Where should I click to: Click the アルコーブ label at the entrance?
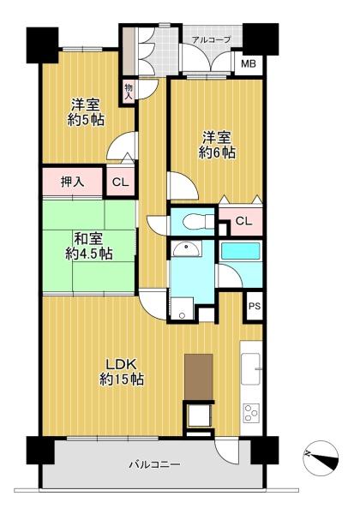pos(211,39)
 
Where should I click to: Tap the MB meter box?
pos(249,63)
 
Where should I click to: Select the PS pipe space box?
pos(255,306)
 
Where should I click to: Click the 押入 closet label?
pos(73,182)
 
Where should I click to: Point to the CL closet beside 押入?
pos(120,182)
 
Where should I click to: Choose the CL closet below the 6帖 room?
pos(243,221)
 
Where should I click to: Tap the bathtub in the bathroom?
pos(241,251)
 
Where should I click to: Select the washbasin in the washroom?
pos(186,249)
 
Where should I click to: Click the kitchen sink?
pos(251,368)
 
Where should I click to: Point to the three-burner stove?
pos(251,413)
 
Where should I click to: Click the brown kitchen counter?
pos(199,377)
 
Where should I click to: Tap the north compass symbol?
pos(321,457)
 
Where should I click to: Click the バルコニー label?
pos(154,464)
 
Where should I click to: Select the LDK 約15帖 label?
pos(121,372)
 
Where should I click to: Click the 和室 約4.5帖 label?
pos(88,246)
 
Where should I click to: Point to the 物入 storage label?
pos(129,92)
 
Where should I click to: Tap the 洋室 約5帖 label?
pos(86,112)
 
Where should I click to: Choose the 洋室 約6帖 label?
pos(216,146)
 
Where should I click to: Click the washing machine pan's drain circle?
pos(182,315)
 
